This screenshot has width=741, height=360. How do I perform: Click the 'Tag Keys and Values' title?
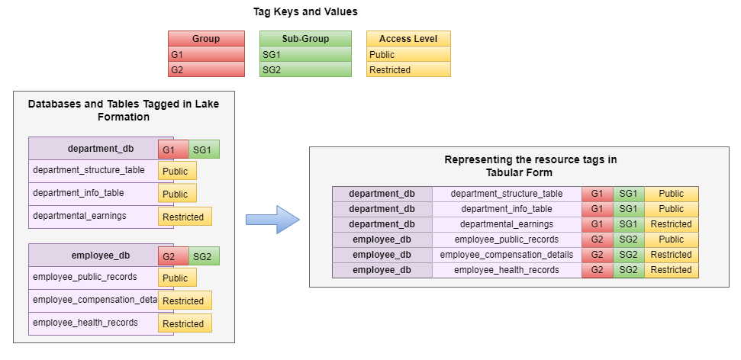coord(305,12)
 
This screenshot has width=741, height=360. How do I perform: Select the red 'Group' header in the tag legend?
coord(206,39)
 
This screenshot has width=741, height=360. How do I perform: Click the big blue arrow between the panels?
coord(271,220)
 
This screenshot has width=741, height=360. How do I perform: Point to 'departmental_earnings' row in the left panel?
coord(79,216)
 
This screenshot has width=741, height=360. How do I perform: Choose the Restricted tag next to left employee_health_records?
coord(183,324)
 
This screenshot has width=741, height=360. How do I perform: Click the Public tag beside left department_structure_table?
coord(176,172)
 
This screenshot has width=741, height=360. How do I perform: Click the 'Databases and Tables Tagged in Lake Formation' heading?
coord(123,111)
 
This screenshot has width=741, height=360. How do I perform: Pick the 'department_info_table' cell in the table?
coord(507,209)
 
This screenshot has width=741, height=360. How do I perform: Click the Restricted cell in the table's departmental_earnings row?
coord(671,224)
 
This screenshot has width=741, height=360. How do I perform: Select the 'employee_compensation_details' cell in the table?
coord(507,255)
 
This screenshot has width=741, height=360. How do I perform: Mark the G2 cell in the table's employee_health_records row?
coord(597,270)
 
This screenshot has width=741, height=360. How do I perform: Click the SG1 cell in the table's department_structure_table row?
coord(629,194)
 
